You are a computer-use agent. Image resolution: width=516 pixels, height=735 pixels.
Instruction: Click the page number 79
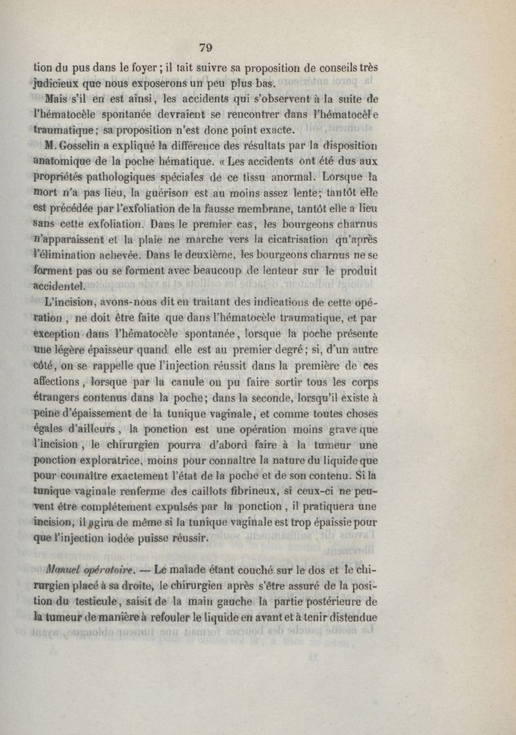(x=206, y=47)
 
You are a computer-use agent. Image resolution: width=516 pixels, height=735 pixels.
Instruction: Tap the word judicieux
(x=59, y=83)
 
